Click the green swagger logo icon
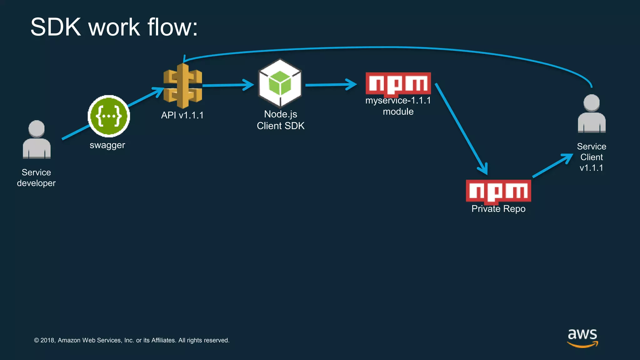coord(109,116)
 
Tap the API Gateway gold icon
coord(183,86)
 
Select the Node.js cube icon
coord(280,83)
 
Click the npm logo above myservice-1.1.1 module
coord(398,83)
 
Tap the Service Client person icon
coord(592,114)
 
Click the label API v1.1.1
coord(182,115)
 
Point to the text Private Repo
coord(498,209)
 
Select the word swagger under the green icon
coord(107,145)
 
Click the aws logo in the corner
coord(582,337)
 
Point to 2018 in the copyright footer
coord(47,340)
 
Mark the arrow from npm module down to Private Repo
coord(461,128)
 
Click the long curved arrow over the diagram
coord(387,48)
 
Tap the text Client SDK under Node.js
coord(280,126)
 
